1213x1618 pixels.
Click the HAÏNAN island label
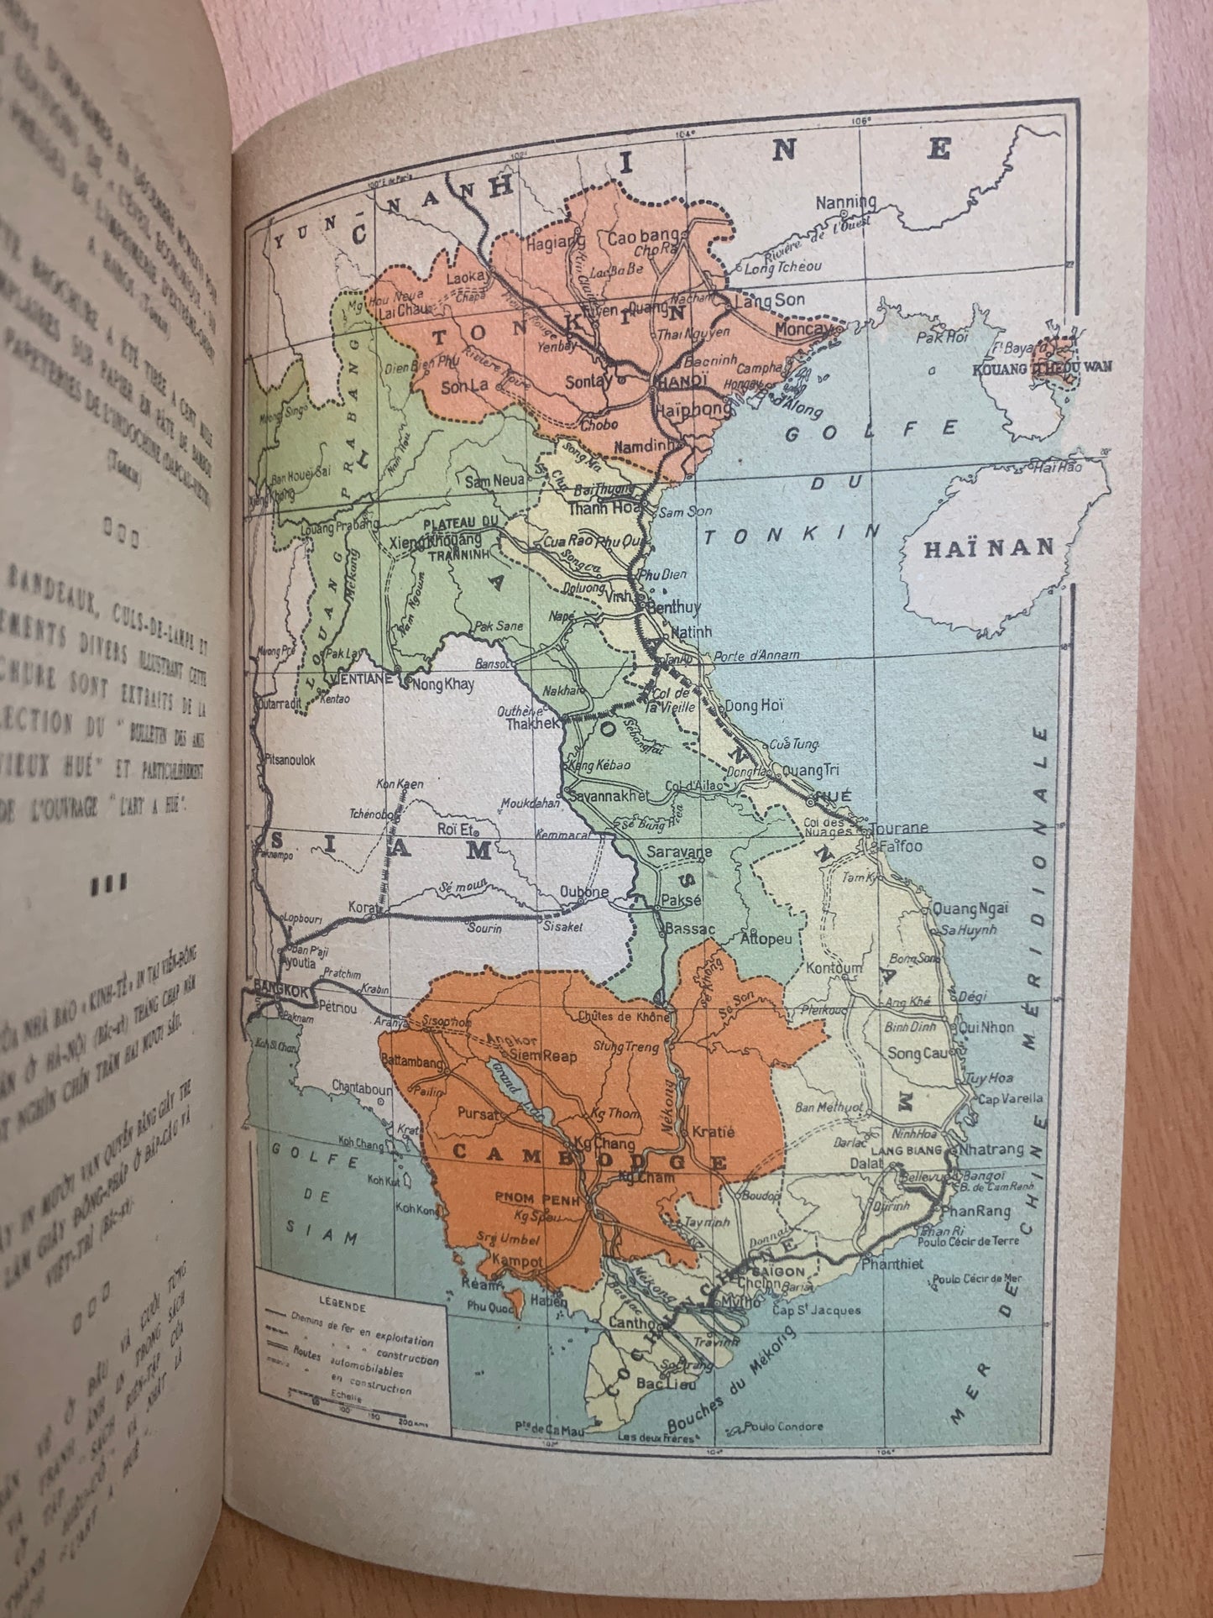988,549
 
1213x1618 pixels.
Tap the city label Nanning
846,202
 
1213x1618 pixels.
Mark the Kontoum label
833,968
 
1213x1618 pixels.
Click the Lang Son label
769,300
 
